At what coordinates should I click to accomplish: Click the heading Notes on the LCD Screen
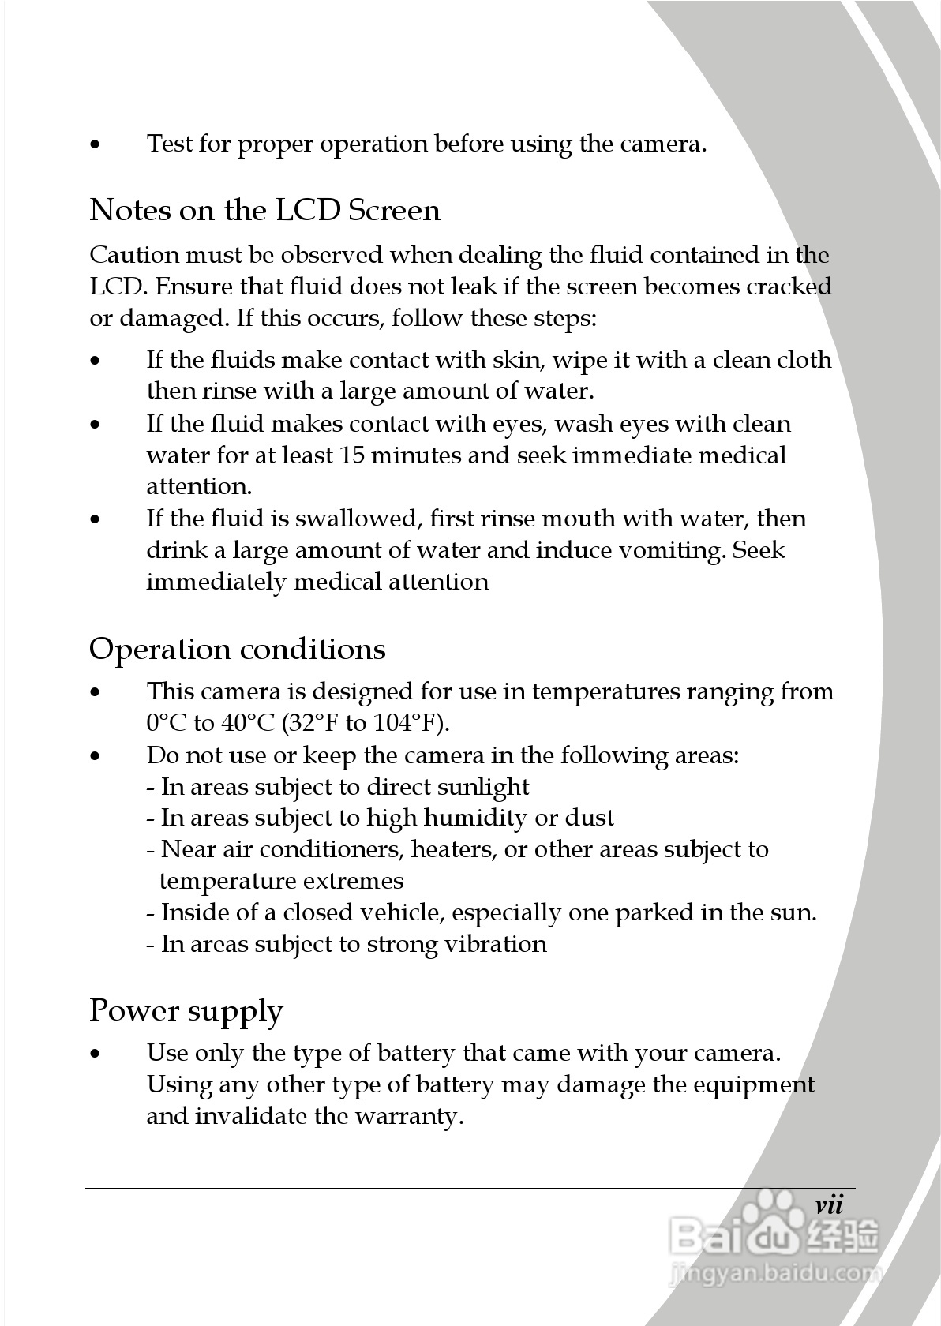[x=264, y=211]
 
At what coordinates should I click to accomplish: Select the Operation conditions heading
[x=237, y=650]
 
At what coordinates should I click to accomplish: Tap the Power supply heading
[x=186, y=1011]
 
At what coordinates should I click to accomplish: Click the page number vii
[x=829, y=1205]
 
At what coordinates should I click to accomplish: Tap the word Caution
[x=134, y=255]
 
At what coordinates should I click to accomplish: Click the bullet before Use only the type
[x=96, y=1054]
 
